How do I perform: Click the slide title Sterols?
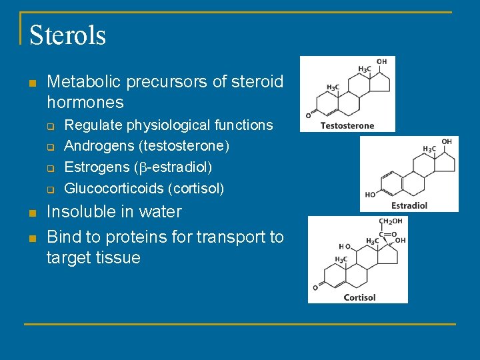click(x=67, y=35)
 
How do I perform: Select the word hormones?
click(x=85, y=103)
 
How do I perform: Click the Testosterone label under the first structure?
click(x=347, y=125)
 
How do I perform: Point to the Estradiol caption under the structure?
click(x=409, y=205)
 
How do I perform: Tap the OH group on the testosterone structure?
click(x=381, y=62)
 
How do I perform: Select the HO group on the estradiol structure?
click(x=371, y=195)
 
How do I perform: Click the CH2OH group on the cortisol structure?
click(x=391, y=222)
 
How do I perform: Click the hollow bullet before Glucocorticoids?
click(x=49, y=189)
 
